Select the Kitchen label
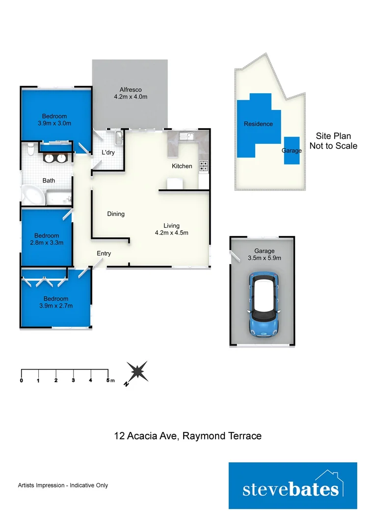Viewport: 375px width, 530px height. [x=182, y=166]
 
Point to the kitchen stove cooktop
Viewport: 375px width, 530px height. [x=203, y=166]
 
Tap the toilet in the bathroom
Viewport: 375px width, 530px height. [x=30, y=149]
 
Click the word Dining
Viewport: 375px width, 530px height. [x=116, y=214]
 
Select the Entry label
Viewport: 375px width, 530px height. [x=104, y=254]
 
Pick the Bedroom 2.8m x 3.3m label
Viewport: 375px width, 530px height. [x=47, y=239]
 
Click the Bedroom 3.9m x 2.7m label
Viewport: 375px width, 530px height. [x=55, y=302]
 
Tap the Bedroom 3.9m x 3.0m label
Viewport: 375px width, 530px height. [x=54, y=120]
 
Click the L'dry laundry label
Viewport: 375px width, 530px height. [x=108, y=153]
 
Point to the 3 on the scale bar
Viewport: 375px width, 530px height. [x=73, y=381]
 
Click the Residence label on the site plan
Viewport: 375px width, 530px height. [x=258, y=124]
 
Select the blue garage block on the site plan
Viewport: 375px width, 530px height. [x=292, y=148]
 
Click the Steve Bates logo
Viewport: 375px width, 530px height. [x=293, y=485]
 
